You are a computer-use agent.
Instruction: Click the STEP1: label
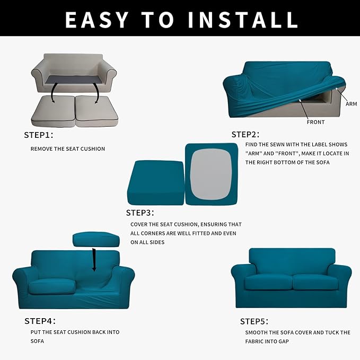point(39,135)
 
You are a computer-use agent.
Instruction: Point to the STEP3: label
point(140,213)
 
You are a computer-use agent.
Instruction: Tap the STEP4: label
point(40,321)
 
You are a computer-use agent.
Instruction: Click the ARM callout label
point(351,104)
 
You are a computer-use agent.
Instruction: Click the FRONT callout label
point(315,122)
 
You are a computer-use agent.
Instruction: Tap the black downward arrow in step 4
point(94,259)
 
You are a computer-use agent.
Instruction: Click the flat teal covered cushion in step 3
point(156,182)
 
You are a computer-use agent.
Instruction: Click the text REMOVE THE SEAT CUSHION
point(68,149)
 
